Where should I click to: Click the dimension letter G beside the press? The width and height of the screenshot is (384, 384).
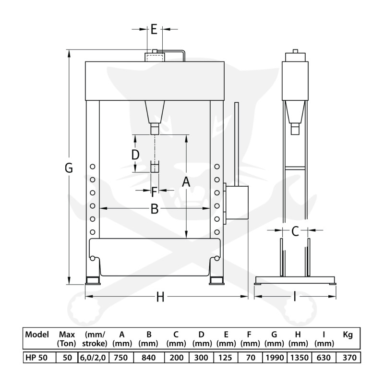click(x=69, y=168)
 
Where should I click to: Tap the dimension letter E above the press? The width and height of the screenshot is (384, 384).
click(x=154, y=29)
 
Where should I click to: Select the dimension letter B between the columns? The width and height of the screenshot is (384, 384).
click(x=155, y=209)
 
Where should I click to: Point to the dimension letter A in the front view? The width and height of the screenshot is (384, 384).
click(x=186, y=182)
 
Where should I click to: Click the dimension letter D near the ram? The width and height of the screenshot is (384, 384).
click(x=135, y=155)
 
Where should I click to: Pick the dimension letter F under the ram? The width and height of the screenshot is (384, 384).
click(x=154, y=192)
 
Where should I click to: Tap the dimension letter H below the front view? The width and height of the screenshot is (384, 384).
click(x=160, y=297)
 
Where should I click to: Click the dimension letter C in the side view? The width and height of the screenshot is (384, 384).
click(x=295, y=231)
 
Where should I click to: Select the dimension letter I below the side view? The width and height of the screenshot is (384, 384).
click(x=295, y=297)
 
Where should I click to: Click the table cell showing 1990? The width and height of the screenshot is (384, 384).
click(x=275, y=358)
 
